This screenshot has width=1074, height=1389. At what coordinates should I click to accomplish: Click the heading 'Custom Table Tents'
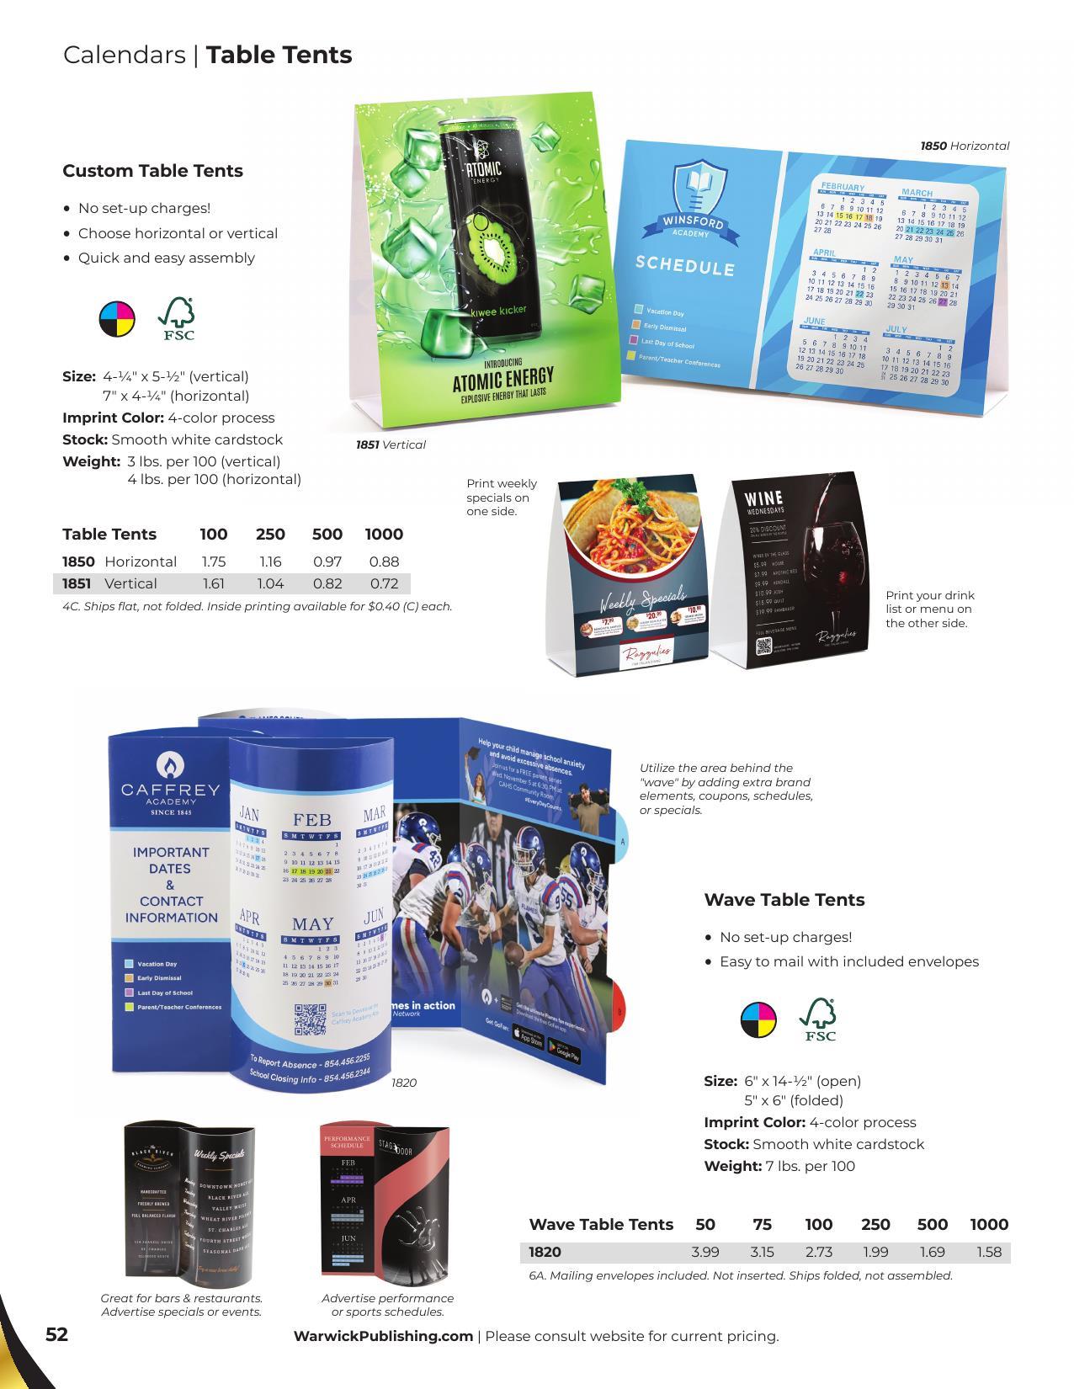click(x=152, y=171)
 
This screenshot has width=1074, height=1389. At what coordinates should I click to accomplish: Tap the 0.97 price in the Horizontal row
click(x=327, y=561)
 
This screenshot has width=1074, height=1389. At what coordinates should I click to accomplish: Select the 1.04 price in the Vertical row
click(x=270, y=583)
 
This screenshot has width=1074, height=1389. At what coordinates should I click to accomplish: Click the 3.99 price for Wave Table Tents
click(x=705, y=1252)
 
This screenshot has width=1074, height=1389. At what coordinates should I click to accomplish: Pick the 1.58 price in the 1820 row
click(x=989, y=1252)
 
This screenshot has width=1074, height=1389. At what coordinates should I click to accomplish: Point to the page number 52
click(x=56, y=1334)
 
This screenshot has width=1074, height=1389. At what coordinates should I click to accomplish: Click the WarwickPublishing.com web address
click(x=383, y=1336)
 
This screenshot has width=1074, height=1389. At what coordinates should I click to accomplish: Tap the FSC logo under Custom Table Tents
click(x=178, y=319)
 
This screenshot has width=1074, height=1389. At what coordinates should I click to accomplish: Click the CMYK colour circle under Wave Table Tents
click(x=758, y=1020)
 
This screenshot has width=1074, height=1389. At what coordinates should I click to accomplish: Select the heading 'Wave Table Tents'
click(x=784, y=900)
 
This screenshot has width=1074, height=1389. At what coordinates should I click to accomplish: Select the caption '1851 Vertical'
click(x=391, y=444)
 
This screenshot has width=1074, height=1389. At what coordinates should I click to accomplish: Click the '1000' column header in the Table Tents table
click(x=384, y=534)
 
